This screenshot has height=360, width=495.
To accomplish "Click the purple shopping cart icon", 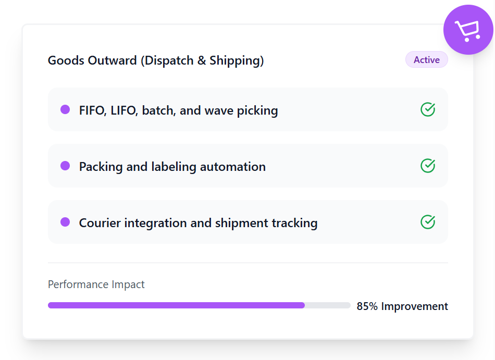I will (x=468, y=30).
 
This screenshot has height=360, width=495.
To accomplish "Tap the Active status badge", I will (x=426, y=60).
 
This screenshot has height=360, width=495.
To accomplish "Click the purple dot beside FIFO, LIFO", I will (x=65, y=109).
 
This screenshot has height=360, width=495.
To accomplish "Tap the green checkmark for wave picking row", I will (x=428, y=109).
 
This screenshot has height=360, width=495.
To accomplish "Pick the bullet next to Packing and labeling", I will (x=65, y=166).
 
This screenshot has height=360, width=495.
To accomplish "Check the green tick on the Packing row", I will (x=428, y=166).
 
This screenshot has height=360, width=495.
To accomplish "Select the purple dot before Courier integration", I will (x=65, y=222).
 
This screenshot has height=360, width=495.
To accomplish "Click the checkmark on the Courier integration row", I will (x=428, y=222).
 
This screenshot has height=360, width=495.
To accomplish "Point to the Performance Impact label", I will (x=96, y=284).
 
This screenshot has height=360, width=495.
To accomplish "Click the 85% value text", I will (x=367, y=306).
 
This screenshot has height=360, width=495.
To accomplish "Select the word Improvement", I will (x=414, y=306).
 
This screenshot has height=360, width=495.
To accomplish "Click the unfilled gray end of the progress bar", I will (x=328, y=305).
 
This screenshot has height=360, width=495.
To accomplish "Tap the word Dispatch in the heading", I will (x=168, y=60).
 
